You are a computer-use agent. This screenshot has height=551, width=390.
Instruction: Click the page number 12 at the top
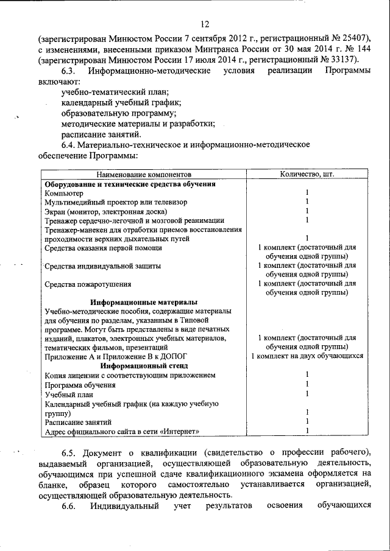(x=204, y=24)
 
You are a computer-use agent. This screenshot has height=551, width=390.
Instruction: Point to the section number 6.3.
(x=71, y=71)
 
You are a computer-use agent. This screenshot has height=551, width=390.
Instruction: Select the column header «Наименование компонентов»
(x=143, y=174)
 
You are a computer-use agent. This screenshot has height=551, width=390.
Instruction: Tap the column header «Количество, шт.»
(x=307, y=174)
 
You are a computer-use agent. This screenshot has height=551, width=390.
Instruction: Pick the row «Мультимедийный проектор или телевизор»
(x=116, y=202)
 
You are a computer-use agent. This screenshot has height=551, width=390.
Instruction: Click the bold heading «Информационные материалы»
(x=144, y=303)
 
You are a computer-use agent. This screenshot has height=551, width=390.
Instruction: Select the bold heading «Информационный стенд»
(x=144, y=366)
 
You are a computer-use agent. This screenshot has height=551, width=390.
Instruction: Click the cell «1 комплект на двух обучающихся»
(x=307, y=356)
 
